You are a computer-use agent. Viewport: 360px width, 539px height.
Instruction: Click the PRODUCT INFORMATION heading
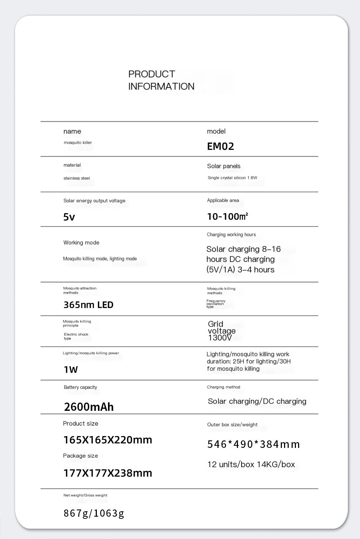tap(161, 80)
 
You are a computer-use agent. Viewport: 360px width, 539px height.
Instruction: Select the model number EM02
tap(220, 146)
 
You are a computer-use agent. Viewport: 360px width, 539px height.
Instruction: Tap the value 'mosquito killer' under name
tap(78, 143)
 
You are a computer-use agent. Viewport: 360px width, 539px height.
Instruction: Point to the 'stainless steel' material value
tap(77, 178)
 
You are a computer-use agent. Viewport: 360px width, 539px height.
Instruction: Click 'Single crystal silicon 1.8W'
tap(232, 178)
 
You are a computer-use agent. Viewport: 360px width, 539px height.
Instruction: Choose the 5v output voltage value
tap(69, 217)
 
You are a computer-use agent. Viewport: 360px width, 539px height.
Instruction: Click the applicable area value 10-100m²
tap(228, 216)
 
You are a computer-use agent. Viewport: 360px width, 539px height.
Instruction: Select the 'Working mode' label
tap(81, 243)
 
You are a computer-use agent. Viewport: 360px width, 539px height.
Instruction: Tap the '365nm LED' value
tap(89, 305)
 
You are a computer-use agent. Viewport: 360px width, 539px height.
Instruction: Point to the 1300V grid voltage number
tap(220, 338)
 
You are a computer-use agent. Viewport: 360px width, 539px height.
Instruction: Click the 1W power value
tap(71, 369)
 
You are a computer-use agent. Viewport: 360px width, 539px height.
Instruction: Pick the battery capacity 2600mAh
tap(89, 407)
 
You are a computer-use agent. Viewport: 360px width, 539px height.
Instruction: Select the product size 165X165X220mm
tap(108, 440)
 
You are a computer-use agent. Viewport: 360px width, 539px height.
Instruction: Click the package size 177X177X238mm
tap(108, 473)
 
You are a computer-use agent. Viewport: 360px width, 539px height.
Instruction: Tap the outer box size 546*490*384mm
tap(253, 444)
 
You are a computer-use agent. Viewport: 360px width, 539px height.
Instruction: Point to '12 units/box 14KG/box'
tap(251, 464)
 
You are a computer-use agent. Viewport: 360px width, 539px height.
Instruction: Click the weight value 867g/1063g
tap(94, 513)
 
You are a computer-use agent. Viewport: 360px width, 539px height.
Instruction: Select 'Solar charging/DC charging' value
tap(257, 401)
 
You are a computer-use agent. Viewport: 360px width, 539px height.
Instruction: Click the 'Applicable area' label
tap(223, 201)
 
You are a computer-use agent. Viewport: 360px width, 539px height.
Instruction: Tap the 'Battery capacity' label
tap(80, 387)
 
